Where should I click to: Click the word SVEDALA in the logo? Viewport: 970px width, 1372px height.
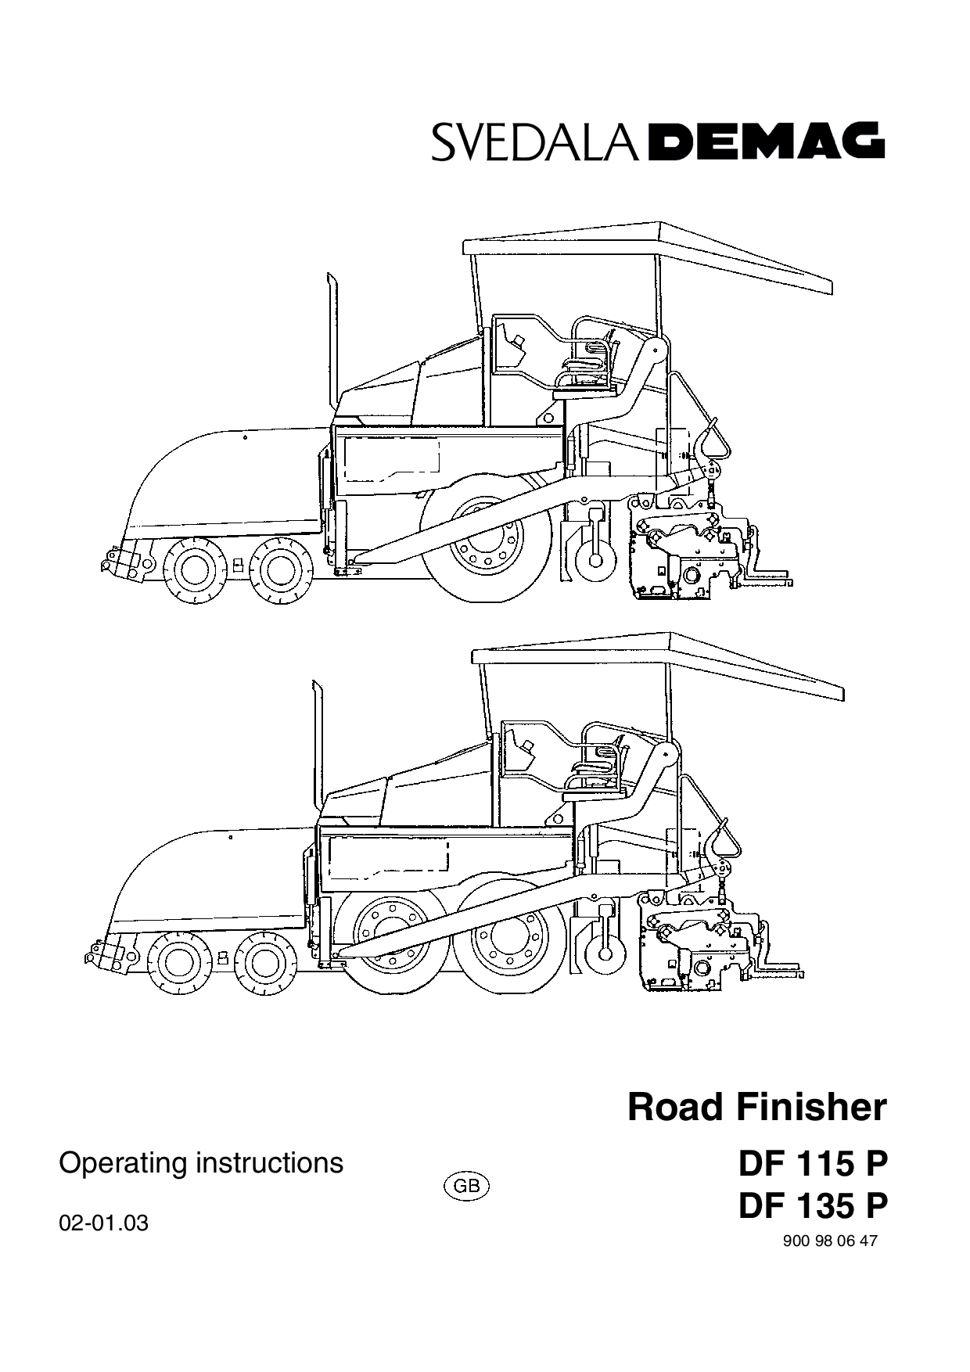534,142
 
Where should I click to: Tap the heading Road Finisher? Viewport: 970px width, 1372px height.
757,1108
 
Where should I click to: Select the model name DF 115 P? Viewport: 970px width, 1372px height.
814,1164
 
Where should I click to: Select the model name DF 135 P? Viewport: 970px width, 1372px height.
814,1205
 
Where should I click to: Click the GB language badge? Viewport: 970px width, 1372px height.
466,1186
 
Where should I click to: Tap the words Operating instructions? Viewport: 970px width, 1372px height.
201,1163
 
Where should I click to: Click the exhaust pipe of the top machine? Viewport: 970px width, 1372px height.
332,344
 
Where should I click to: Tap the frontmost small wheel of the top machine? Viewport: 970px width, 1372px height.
192,569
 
